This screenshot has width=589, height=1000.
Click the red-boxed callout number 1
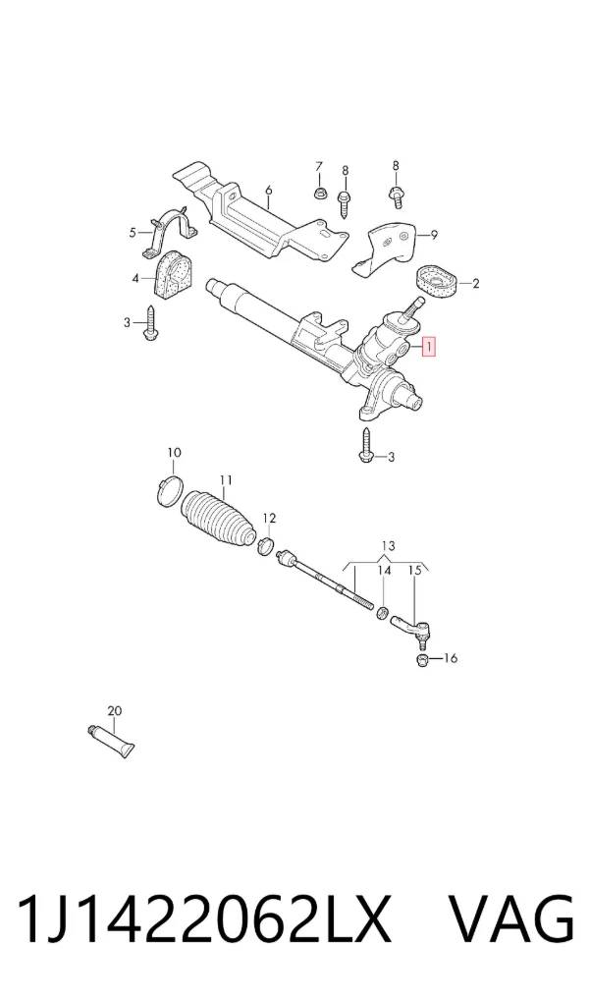430,348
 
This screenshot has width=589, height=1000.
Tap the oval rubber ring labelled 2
438,284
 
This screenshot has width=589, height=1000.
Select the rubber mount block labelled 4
173,275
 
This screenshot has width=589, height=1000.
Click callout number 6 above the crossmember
268,190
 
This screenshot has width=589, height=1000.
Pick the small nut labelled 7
319,192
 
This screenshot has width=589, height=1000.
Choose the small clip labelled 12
266,545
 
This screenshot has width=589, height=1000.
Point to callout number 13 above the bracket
388,546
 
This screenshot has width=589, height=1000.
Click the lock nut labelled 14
383,613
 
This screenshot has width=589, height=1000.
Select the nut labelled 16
421,659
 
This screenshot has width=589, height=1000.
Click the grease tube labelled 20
111,741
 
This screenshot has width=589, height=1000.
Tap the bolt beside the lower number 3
366,446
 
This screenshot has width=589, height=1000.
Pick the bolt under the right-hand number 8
396,195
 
